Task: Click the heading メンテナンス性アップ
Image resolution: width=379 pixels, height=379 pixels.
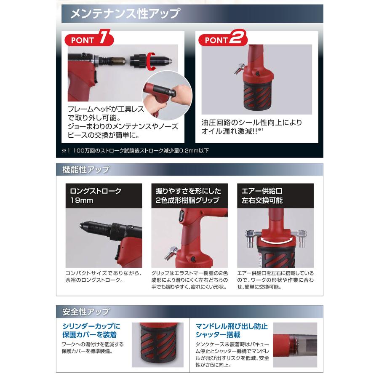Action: click(125, 14)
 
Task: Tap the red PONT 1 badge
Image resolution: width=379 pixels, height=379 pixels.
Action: click(89, 40)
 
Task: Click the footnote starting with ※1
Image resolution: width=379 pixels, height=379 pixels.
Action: click(135, 150)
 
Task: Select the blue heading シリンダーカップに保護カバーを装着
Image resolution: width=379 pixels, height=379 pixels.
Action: click(91, 331)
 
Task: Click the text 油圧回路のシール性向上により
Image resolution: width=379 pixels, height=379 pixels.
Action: click(252, 123)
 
